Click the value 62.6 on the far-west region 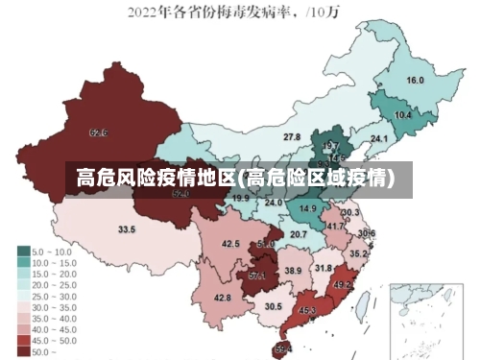pos(98,132)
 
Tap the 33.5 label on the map pos(127,230)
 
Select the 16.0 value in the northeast pos(415,81)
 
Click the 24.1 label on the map pos(379,139)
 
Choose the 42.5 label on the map pos(230,244)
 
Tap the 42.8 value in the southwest pos(223,299)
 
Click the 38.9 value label pos(293,272)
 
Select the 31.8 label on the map pos(324,269)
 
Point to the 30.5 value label pos(274,307)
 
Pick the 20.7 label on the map pos(299,234)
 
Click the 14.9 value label pos(307,208)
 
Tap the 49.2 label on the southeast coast pos(343,285)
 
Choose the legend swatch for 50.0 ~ pos(23,352)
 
